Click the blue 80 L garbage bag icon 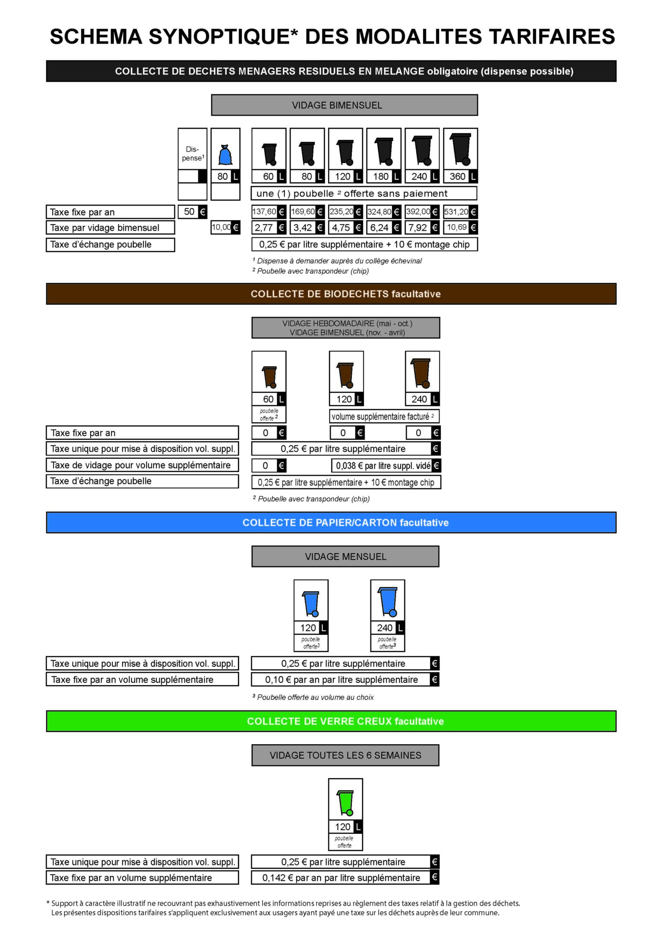225,155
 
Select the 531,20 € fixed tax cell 460,212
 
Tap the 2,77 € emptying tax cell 269,227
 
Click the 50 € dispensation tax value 193,212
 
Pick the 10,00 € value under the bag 225,227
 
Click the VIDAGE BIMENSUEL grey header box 344,105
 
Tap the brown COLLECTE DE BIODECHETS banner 331,294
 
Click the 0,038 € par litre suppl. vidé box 386,466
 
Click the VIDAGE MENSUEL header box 345,557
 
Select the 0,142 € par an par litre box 345,878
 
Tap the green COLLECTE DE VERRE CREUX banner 331,721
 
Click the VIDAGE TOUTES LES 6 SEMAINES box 345,755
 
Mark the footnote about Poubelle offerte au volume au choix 313,697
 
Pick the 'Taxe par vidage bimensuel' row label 110,227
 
